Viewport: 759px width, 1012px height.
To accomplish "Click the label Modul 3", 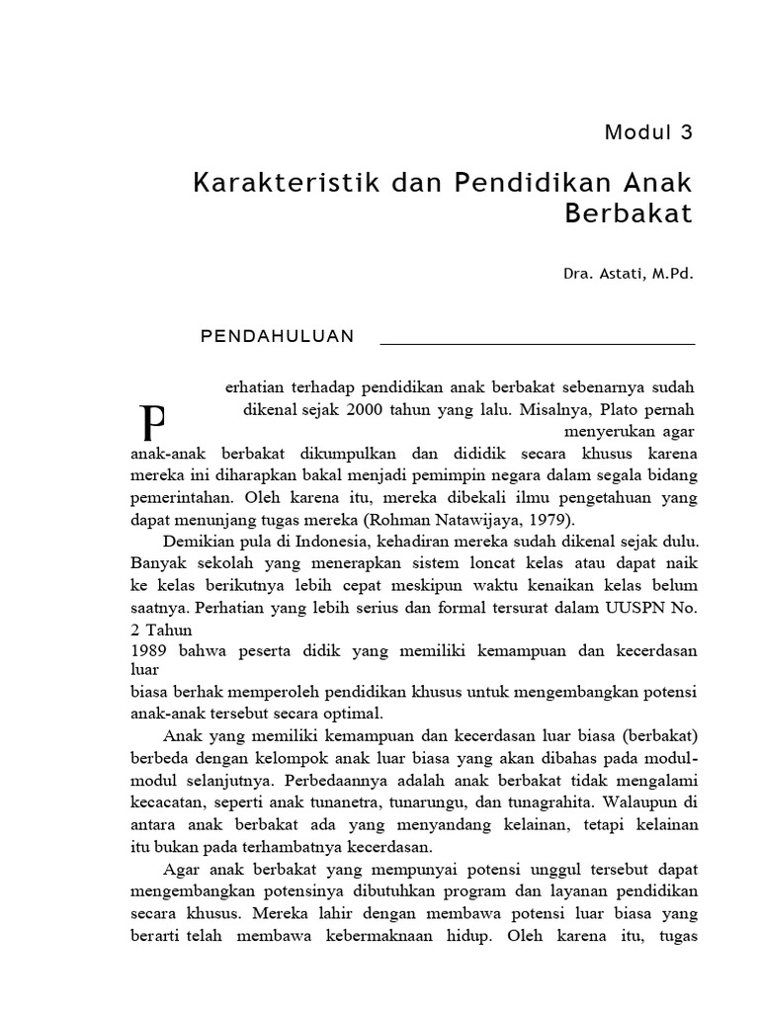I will (x=649, y=132).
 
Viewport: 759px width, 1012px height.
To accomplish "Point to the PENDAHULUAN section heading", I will (x=277, y=336).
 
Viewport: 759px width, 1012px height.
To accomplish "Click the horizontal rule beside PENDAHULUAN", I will (x=538, y=344).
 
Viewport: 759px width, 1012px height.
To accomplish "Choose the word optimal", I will (x=353, y=713).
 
